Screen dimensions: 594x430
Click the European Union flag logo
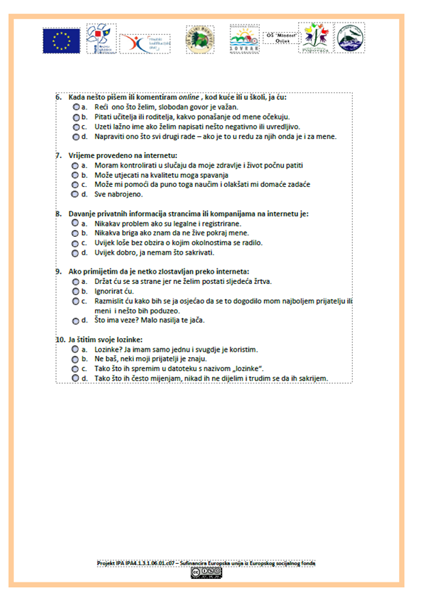[x=61, y=40]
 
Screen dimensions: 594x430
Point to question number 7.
[x=59, y=155]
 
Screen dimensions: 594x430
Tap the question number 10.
[x=59, y=339]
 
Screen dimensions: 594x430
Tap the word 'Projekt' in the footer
[x=107, y=563]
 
